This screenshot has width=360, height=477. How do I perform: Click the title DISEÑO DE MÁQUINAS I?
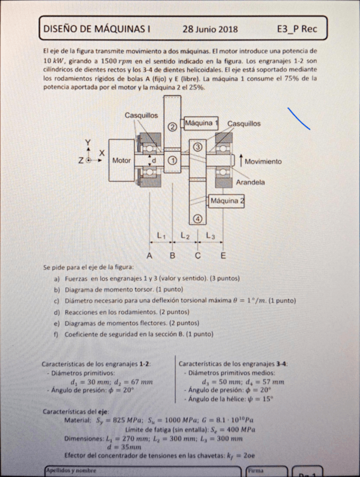[97, 29]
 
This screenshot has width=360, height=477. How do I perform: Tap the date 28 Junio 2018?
[210, 29]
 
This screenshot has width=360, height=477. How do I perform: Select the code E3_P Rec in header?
[296, 29]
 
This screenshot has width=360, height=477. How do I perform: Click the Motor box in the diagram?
[121, 160]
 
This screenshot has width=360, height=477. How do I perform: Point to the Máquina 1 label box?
[201, 123]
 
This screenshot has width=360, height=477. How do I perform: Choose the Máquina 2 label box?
[227, 201]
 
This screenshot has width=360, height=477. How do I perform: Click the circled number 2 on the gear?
[173, 126]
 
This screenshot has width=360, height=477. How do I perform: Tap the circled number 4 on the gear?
[197, 218]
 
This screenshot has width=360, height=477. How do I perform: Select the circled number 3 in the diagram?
[197, 147]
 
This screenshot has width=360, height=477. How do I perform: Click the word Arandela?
[250, 182]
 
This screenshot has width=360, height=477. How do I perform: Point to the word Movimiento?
[263, 161]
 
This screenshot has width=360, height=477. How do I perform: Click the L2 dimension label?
[185, 236]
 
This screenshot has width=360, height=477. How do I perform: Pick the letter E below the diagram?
[223, 256]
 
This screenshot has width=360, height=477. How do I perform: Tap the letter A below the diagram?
[150, 256]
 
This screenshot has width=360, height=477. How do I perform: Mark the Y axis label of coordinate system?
[88, 142]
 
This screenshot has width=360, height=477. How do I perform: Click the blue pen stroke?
[299, 118]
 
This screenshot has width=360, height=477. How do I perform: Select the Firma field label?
[255, 469]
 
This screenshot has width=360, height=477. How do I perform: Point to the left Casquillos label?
[141, 115]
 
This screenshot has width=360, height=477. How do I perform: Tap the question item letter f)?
[56, 334]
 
